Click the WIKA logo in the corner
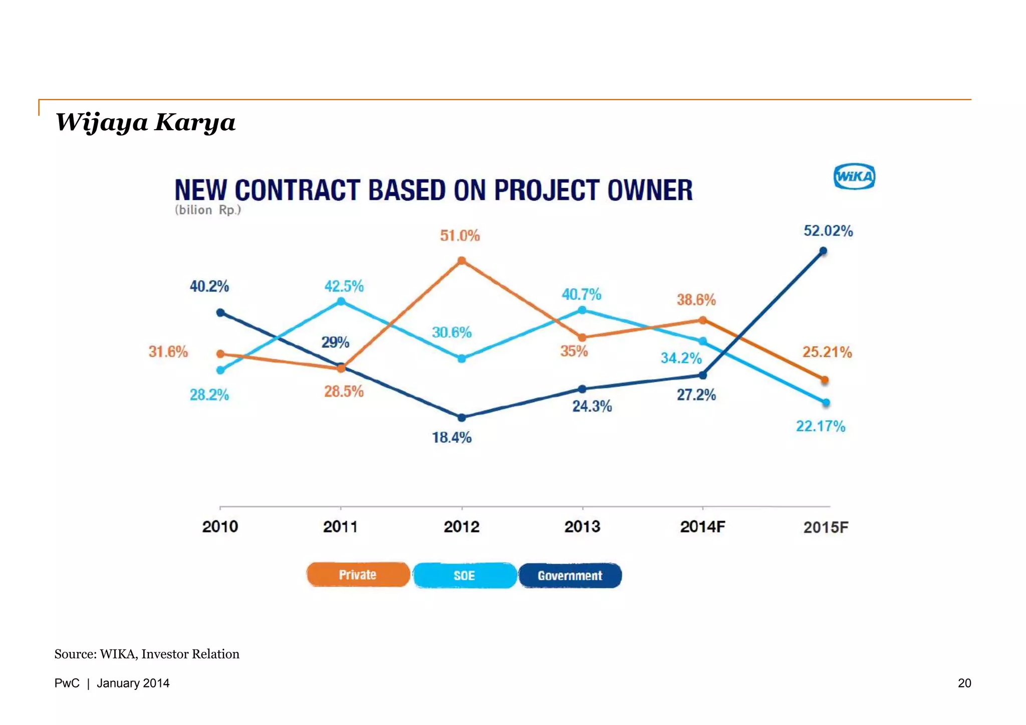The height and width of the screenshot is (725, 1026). tap(854, 177)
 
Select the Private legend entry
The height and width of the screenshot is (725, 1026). tap(358, 575)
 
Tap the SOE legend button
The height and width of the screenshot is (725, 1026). tap(464, 576)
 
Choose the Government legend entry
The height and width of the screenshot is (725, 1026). tap(570, 576)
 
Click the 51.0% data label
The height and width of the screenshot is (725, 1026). tap(460, 235)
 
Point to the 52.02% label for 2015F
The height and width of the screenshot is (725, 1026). tap(828, 231)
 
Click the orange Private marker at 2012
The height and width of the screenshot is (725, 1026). tap(462, 260)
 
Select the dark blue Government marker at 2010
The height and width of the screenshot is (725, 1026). tap(220, 312)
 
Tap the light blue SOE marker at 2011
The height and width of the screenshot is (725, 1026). tap(341, 301)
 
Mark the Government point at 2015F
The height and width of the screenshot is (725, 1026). tap(823, 250)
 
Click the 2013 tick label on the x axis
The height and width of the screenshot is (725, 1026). tap(582, 527)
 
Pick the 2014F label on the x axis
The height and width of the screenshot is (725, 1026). tap(702, 527)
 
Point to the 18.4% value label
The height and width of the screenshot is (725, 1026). tap(451, 438)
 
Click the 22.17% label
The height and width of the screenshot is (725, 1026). tap(821, 426)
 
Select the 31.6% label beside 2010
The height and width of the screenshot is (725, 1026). tap(168, 351)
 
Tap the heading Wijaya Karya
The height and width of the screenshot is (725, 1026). tap(145, 123)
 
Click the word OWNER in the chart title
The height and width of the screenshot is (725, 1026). tap(650, 190)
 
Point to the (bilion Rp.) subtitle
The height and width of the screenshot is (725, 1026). tap(208, 210)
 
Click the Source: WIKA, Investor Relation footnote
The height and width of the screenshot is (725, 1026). tap(147, 654)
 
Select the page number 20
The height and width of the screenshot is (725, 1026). tap(964, 683)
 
